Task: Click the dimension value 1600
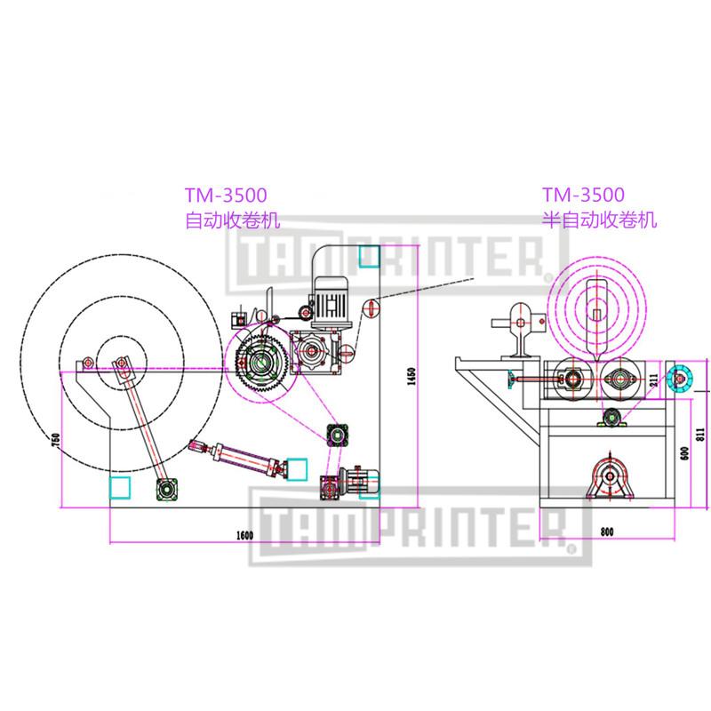click(x=245, y=533)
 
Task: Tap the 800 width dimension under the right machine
click(x=607, y=532)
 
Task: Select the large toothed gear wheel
click(x=261, y=363)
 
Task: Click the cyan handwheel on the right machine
click(x=682, y=379)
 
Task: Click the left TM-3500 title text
click(x=226, y=195)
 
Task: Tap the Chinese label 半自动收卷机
click(x=601, y=220)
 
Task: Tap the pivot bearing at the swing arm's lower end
click(x=167, y=489)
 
